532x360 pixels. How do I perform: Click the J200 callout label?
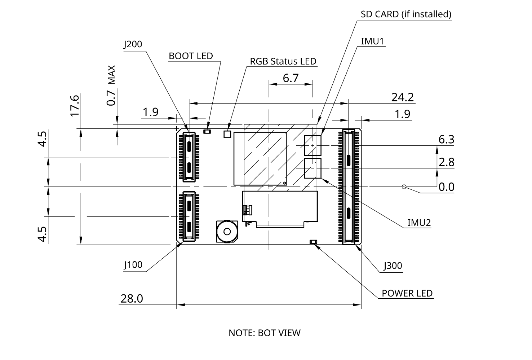tap(133, 44)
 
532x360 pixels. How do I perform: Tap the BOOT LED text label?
tap(191, 56)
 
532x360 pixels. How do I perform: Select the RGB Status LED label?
tap(283, 61)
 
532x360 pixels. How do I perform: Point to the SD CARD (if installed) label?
tap(406, 14)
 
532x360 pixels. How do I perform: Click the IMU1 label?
tap(373, 41)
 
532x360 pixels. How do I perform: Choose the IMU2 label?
tap(419, 223)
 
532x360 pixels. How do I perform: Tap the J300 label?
tap(393, 266)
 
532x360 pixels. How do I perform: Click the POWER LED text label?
tap(407, 293)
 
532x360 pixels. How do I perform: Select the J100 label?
tap(133, 265)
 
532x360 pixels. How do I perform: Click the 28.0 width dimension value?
tap(132, 299)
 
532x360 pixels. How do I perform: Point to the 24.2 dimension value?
tap(402, 97)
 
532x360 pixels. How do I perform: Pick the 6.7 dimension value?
tap(291, 78)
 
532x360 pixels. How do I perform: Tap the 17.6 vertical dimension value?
tap(75, 105)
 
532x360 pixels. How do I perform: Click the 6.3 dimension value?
tap(446, 139)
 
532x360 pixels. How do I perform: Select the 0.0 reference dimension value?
tap(446, 187)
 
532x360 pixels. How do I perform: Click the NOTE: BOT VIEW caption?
tap(264, 333)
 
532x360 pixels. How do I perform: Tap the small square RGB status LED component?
tap(227, 134)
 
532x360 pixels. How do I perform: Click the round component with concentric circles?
tap(227, 231)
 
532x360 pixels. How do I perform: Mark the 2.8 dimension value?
tap(446, 162)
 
